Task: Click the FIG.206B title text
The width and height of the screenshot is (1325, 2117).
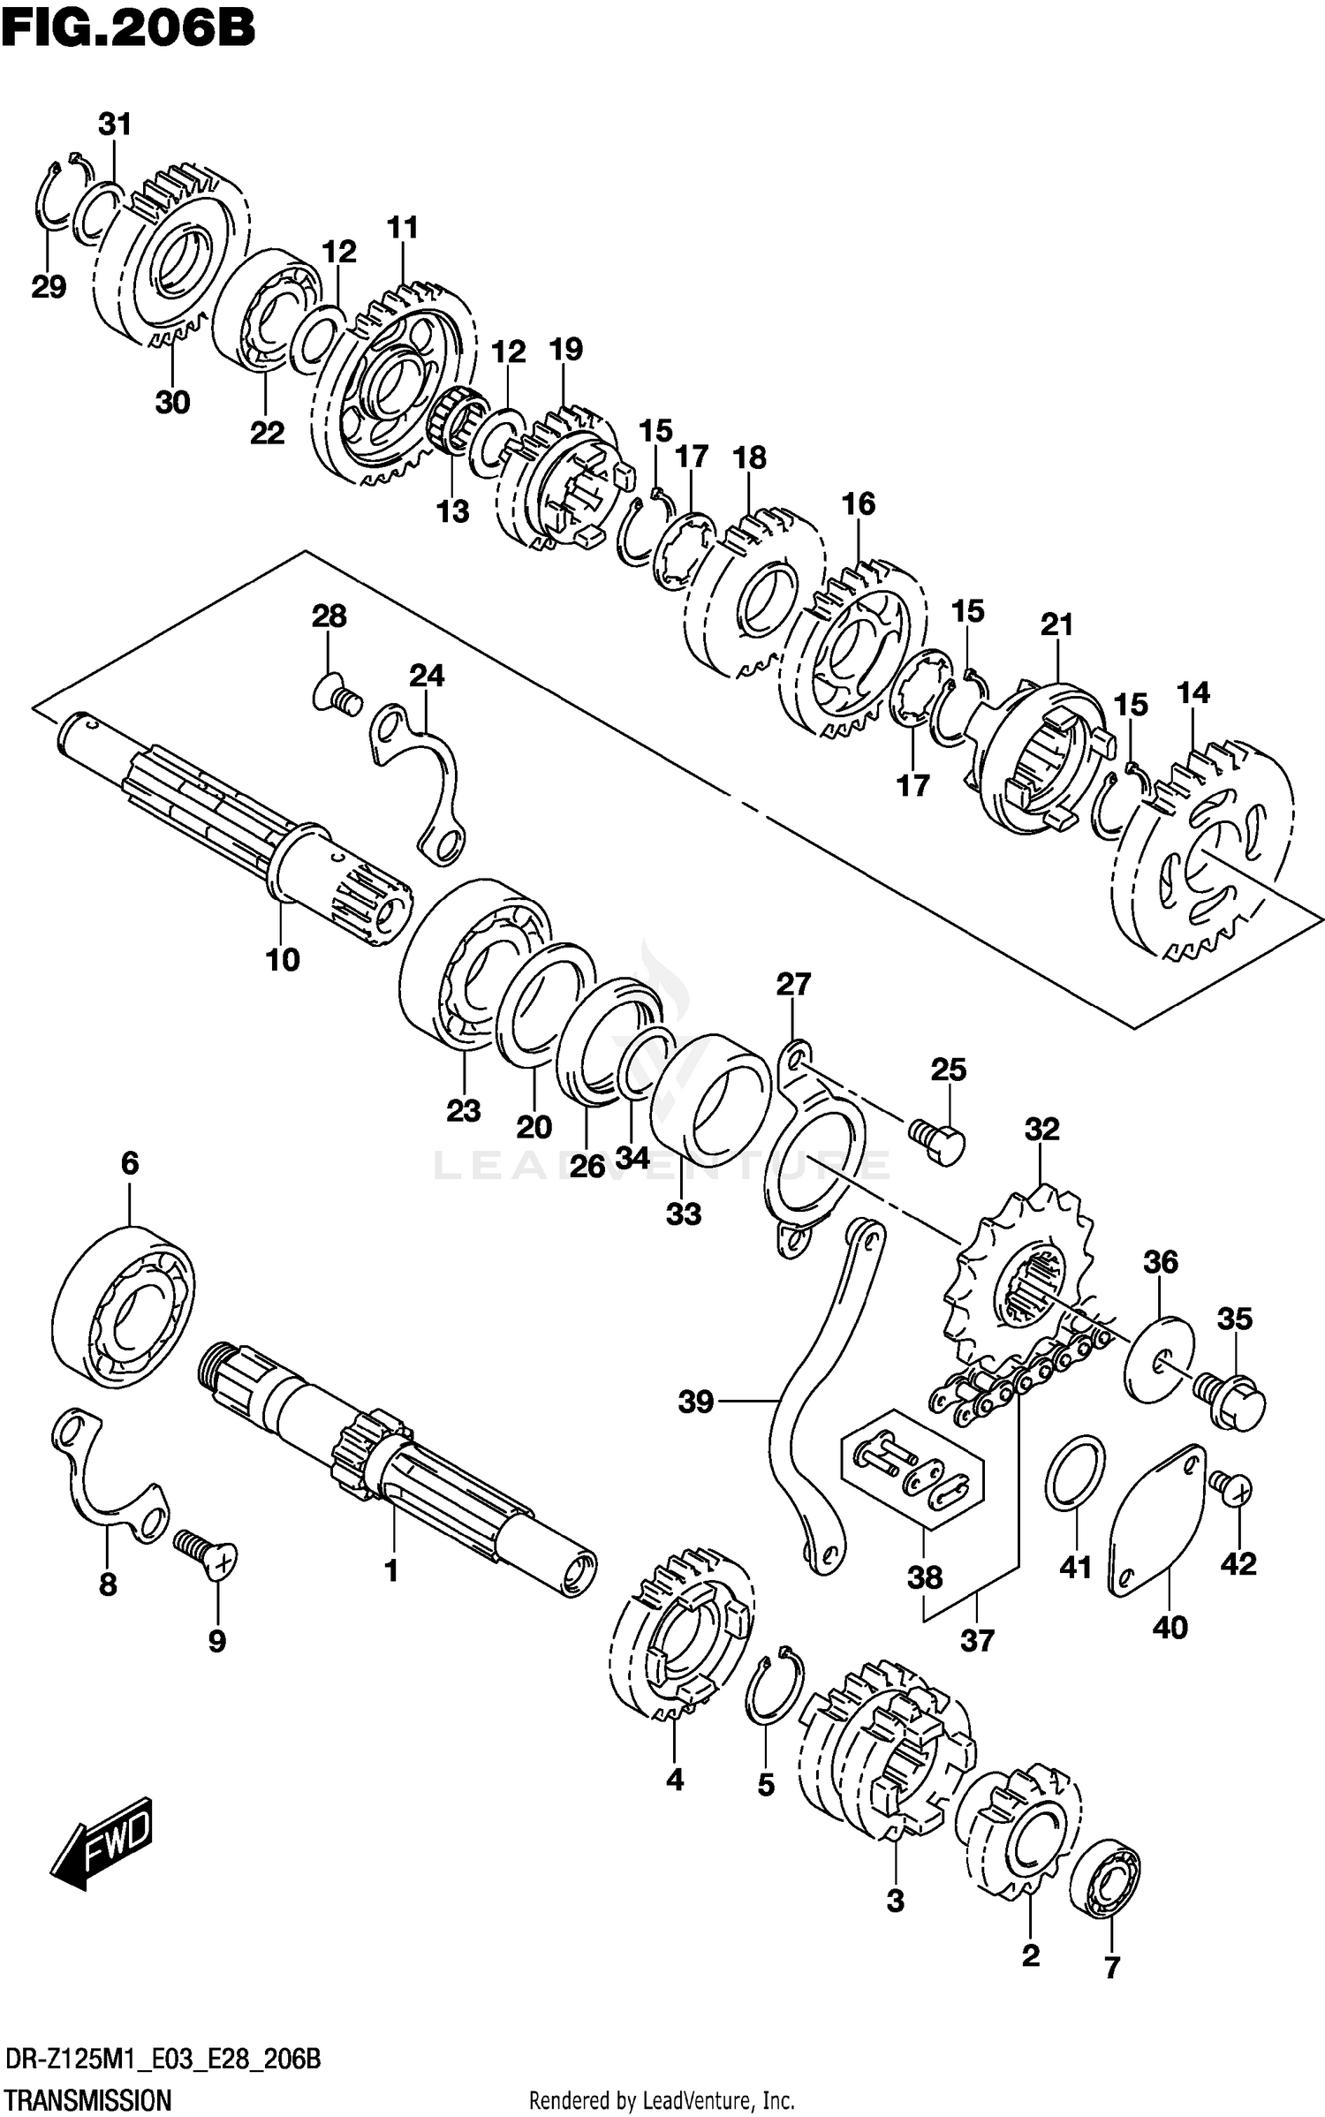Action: (x=128, y=29)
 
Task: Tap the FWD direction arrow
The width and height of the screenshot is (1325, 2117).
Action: (x=102, y=1842)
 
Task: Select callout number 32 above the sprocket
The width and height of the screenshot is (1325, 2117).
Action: (x=1041, y=1129)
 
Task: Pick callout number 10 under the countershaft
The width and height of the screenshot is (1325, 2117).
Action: (x=283, y=959)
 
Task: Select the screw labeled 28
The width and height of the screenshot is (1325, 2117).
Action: (x=338, y=700)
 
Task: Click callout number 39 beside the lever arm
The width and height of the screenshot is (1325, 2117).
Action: (x=695, y=1402)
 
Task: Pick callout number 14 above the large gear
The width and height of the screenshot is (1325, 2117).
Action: (x=1192, y=692)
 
